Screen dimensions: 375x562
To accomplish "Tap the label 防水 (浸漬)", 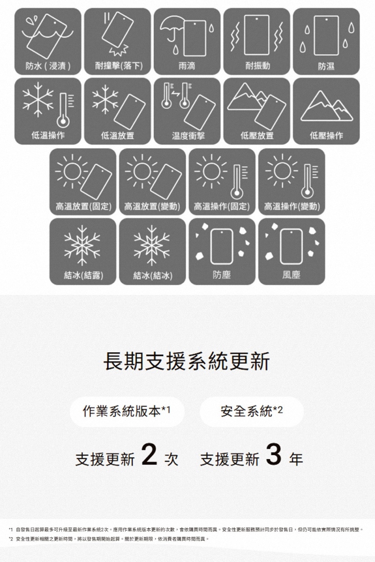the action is pyautogui.click(x=48, y=66).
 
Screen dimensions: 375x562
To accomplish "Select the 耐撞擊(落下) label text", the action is pyautogui.click(x=118, y=66).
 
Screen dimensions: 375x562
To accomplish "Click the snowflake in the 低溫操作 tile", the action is pyautogui.click(x=38, y=99).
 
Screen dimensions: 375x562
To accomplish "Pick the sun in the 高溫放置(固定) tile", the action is pyautogui.click(x=72, y=171).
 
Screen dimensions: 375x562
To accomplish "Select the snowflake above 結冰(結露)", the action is pyautogui.click(x=82, y=245).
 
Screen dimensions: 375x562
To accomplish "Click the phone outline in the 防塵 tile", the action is pyautogui.click(x=222, y=246).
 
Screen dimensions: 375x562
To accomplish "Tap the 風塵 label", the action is pyautogui.click(x=291, y=275).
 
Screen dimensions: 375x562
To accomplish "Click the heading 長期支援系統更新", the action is pyautogui.click(x=187, y=361).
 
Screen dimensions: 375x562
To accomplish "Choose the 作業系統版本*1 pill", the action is pyautogui.click(x=127, y=412).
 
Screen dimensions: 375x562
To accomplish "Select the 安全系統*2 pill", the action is pyautogui.click(x=251, y=412).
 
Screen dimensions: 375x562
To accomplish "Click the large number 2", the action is pyautogui.click(x=149, y=454).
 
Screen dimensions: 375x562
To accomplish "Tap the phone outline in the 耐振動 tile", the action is pyautogui.click(x=257, y=35).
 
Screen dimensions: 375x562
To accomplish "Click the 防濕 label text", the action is pyautogui.click(x=326, y=66).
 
